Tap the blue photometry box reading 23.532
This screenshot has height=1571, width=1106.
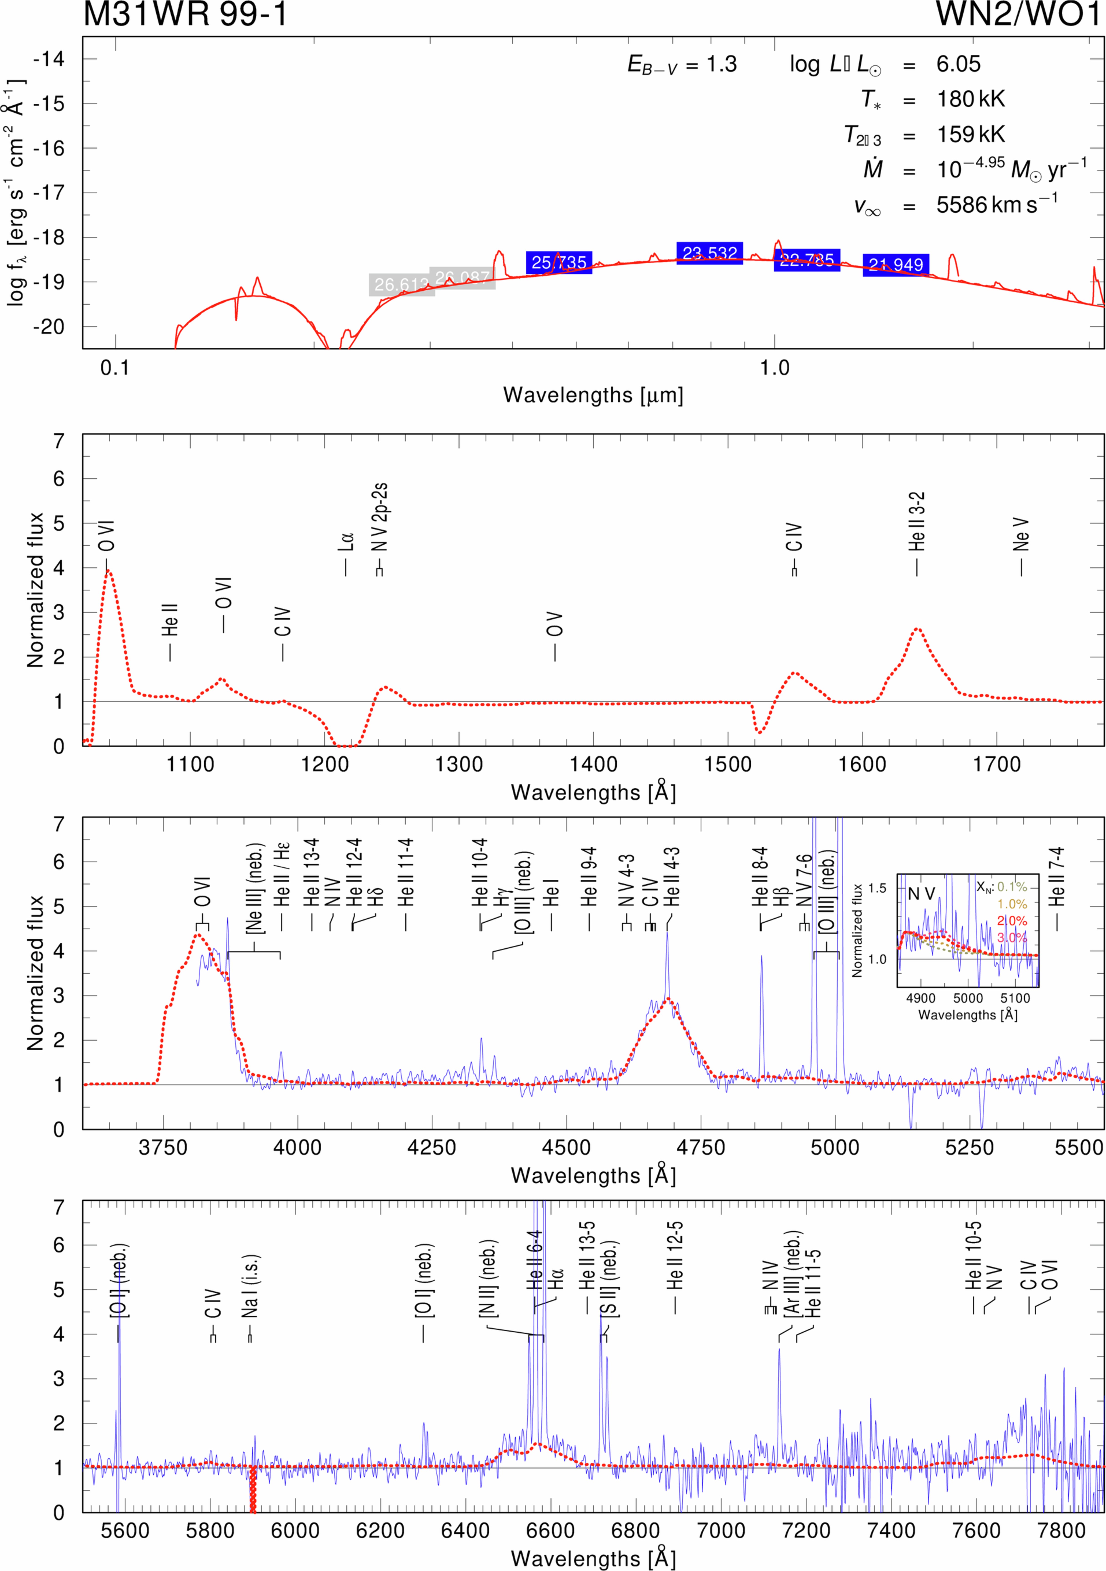tap(709, 253)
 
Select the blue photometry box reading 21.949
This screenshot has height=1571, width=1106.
tap(895, 265)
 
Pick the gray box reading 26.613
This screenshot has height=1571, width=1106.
tap(402, 285)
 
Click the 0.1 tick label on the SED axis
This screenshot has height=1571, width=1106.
tap(115, 368)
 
